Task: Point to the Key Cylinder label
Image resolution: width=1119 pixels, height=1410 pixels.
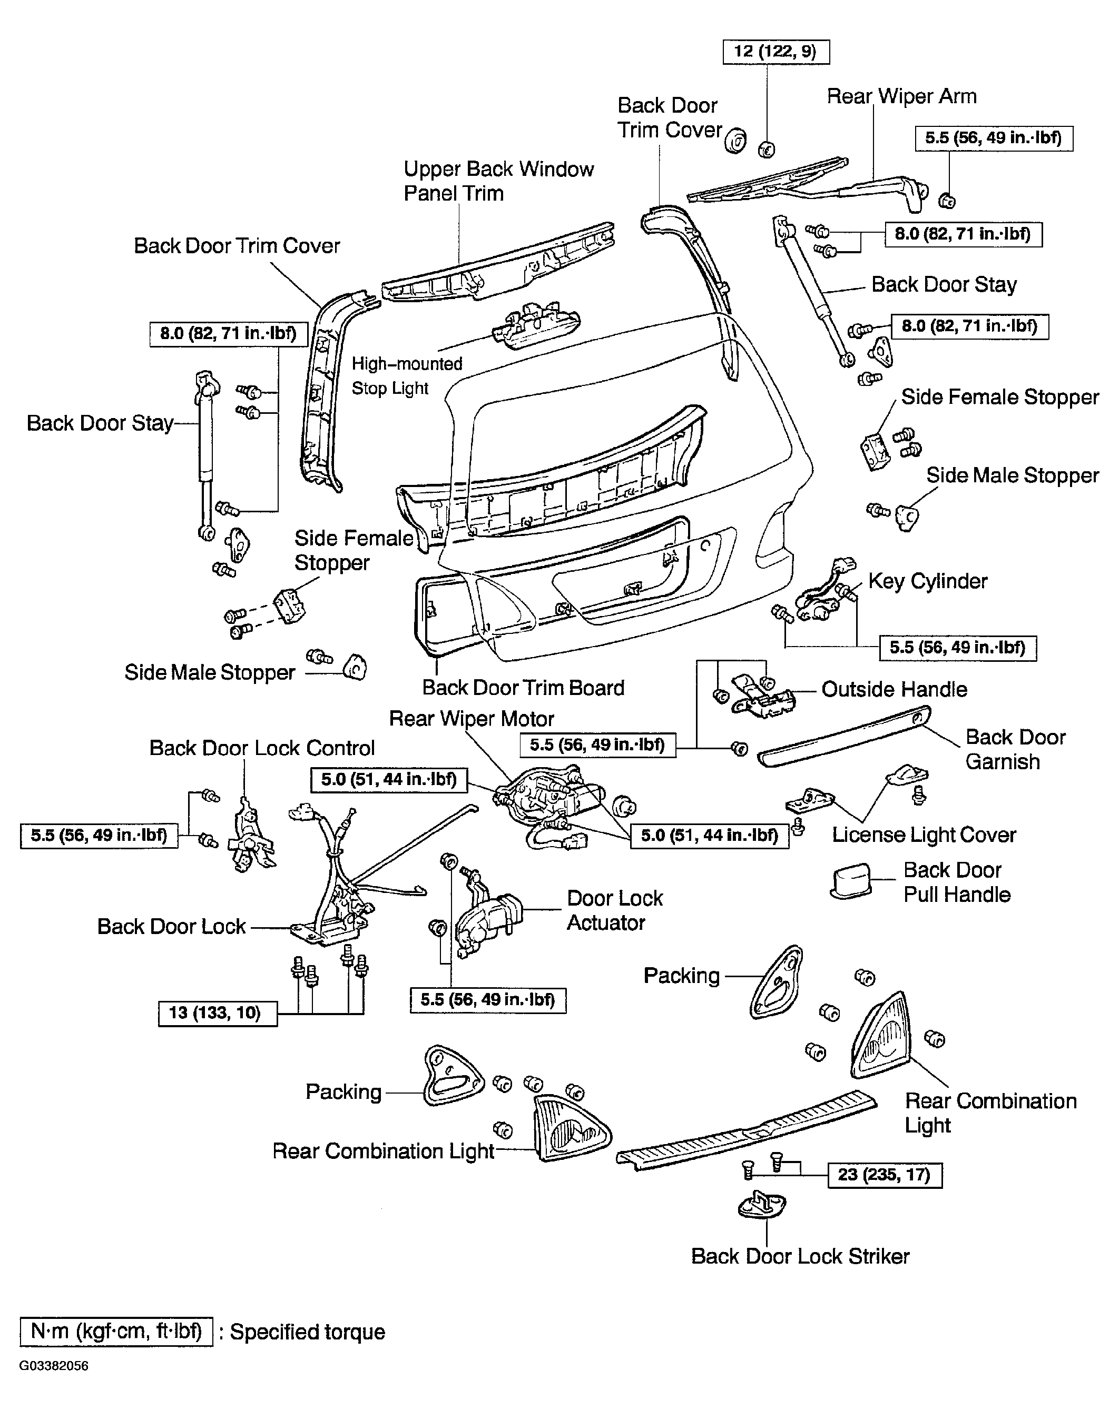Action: click(927, 581)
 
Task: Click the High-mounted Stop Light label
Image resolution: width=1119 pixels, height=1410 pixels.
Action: click(407, 375)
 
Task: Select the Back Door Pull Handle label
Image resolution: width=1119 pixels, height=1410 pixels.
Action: click(957, 882)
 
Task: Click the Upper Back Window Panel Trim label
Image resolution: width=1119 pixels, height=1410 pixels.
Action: click(498, 181)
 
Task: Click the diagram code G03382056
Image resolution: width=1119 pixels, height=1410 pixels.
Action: click(54, 1366)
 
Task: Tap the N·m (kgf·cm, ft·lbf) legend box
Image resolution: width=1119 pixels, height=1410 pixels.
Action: click(116, 1332)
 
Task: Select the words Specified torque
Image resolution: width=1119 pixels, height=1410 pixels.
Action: click(308, 1332)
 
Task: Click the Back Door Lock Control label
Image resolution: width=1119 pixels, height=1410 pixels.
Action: click(262, 748)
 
